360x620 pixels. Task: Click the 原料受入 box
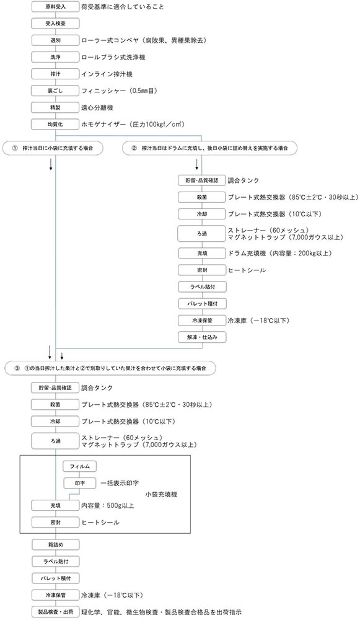(x=55, y=7)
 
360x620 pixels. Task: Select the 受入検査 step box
(x=55, y=24)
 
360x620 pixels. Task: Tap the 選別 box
(x=55, y=40)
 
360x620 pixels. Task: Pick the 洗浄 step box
(x=55, y=57)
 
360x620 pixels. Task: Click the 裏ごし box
(x=55, y=91)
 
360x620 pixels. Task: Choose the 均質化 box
(x=55, y=124)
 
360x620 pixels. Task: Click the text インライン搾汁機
(x=107, y=74)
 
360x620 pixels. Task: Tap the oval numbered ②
(x=209, y=148)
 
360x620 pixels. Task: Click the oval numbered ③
(x=111, y=368)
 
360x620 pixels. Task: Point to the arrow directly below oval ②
(x=196, y=163)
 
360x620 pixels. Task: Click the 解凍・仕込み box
(x=202, y=337)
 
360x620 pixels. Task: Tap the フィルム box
(x=80, y=466)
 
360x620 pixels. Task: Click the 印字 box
(x=80, y=483)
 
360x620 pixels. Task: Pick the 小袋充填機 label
(x=161, y=494)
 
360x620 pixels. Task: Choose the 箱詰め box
(x=55, y=544)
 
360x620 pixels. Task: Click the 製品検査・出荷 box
(x=55, y=612)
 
